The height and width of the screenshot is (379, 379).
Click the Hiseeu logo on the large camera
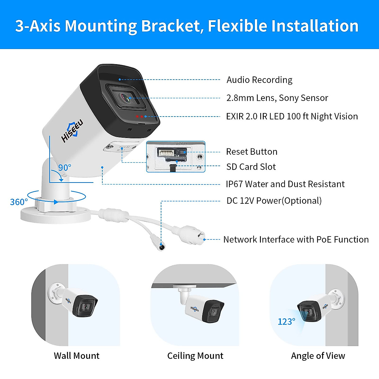coord(72,131)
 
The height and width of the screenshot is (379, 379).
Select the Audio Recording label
coord(259,80)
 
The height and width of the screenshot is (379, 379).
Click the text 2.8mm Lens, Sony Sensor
coord(277,98)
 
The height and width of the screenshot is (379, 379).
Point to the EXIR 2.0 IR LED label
coord(292,116)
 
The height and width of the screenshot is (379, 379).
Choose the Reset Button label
coord(252,152)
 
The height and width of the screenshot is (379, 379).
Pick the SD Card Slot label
coord(251,167)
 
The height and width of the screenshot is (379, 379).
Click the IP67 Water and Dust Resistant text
coord(285,184)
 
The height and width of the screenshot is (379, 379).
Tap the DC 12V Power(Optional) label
coord(274,201)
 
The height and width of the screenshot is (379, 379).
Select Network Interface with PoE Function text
coord(296,239)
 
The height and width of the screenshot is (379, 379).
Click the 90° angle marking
coord(65,167)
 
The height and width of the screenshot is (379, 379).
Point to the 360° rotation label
coord(19,202)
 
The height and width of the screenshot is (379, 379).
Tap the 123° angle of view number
coord(286,322)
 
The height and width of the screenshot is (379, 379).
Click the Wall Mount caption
coord(76,356)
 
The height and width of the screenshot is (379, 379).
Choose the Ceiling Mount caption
coord(195,356)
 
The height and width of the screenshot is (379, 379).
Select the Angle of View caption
coord(318,356)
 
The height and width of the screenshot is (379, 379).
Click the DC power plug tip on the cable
coord(161,247)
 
